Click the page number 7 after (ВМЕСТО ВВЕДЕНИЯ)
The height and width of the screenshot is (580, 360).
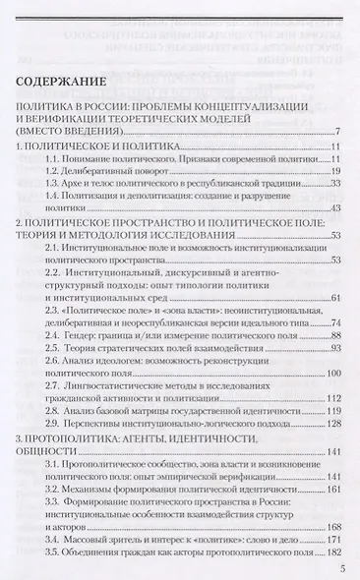tap(336, 133)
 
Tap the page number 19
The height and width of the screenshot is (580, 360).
tap(333, 170)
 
